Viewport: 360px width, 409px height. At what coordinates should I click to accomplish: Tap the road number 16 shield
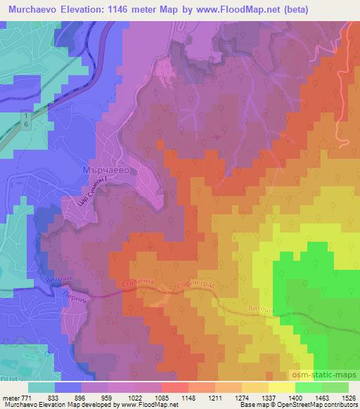coord(26,119)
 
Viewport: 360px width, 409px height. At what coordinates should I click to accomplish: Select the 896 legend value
coord(82,397)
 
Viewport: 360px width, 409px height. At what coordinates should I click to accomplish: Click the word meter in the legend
coord(10,397)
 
